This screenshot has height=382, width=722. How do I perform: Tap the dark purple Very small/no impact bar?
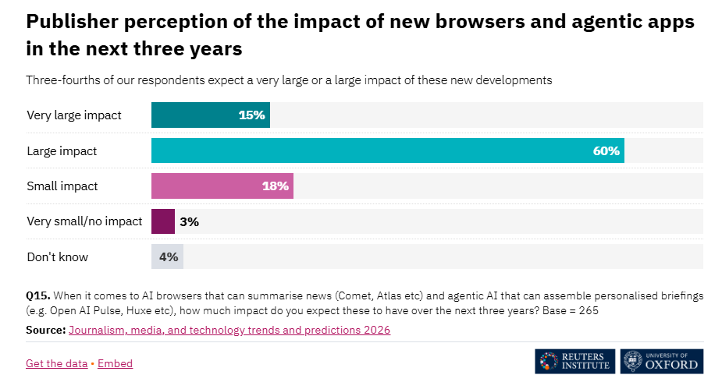[162, 221]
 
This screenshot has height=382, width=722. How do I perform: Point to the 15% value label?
[252, 115]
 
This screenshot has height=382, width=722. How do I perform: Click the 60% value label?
[606, 150]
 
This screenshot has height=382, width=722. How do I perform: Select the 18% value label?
[276, 186]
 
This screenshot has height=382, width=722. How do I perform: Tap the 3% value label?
[190, 221]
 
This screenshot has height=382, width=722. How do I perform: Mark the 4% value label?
[169, 256]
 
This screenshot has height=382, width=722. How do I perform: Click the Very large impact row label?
[74, 115]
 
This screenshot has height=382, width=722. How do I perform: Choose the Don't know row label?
[58, 256]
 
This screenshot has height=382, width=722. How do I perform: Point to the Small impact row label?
[62, 186]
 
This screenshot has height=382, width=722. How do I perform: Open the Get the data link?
[56, 363]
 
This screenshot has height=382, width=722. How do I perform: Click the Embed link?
[115, 363]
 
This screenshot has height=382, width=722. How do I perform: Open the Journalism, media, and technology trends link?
[229, 330]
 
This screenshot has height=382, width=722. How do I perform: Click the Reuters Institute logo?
[575, 361]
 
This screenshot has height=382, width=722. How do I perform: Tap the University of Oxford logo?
[662, 361]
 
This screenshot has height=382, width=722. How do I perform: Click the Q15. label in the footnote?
[38, 295]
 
